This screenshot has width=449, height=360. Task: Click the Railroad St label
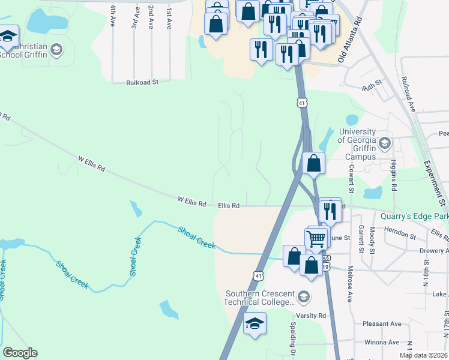142,83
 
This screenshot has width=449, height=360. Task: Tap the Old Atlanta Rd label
351,40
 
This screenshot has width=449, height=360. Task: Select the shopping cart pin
316,238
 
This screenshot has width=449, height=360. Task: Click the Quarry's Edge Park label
414,216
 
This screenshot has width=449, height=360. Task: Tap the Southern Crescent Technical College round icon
304,297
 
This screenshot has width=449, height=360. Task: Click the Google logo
20,353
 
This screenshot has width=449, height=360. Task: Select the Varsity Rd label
310,316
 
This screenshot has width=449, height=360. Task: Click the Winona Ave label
382,343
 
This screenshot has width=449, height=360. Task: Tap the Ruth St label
372,87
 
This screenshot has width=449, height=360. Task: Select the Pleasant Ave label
382,324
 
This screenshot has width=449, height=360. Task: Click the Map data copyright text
423,355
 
